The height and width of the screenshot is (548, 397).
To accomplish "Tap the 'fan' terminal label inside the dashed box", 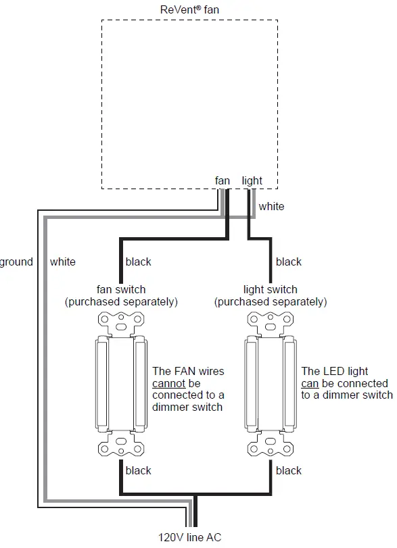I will pos(223,181).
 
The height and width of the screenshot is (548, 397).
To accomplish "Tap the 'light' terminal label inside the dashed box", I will pos(252,181).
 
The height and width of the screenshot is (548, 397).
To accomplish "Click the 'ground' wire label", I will pos(16,261).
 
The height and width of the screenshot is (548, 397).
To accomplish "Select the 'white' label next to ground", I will pos(63,261).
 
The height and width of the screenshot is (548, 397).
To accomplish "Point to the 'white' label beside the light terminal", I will pos(271,206).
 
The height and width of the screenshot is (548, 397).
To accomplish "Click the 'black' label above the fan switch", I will pos(139,261).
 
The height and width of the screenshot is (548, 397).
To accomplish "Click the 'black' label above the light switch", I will pos(289,261).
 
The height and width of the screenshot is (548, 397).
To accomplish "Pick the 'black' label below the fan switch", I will pos(139,470).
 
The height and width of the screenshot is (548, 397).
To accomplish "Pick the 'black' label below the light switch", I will pos(289,470).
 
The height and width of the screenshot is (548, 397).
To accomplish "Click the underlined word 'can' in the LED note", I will pos(310,383).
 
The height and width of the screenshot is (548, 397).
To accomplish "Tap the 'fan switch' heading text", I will pos(121,290).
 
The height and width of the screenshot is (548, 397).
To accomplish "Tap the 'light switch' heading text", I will pos(271,290).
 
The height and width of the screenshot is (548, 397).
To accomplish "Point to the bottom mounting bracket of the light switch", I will pos(271,447).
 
